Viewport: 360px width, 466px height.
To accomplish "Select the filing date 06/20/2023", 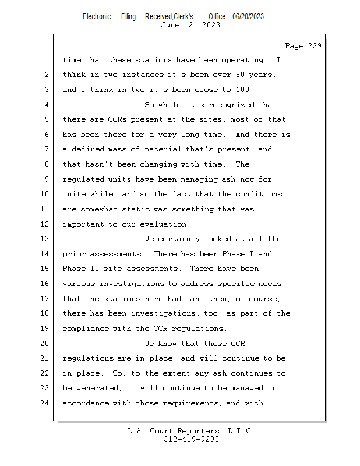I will (x=248, y=16).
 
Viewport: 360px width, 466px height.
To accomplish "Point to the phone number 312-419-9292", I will (x=191, y=439).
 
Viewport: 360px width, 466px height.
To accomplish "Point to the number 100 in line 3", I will (x=243, y=90).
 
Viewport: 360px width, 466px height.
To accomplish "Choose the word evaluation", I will (x=163, y=224).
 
